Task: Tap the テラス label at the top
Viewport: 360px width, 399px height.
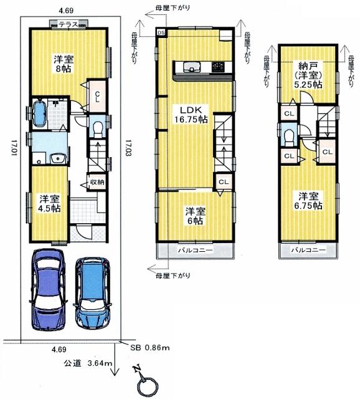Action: pyautogui.click(x=69, y=24)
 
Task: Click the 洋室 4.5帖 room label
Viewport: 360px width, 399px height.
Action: pyautogui.click(x=49, y=204)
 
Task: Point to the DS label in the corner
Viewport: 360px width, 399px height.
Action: pyautogui.click(x=161, y=32)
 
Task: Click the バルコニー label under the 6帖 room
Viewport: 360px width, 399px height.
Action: pyautogui.click(x=195, y=251)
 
